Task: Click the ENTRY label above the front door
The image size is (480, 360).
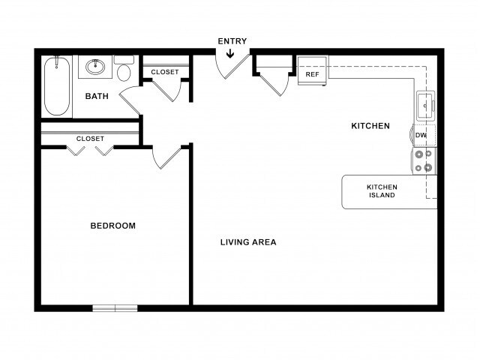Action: point(232,41)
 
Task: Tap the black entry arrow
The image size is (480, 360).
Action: point(230,54)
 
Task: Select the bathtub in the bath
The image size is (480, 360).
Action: point(57,86)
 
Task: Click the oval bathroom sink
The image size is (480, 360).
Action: point(95,67)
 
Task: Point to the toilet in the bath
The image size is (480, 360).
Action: point(124,68)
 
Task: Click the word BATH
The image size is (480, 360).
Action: point(97,96)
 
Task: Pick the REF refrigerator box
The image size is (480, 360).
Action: point(312,70)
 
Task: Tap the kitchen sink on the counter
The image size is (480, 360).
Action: point(425,106)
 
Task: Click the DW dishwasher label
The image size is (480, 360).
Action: point(421,135)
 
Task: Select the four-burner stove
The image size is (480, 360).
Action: point(424,161)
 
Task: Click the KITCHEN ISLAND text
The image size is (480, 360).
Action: point(382,191)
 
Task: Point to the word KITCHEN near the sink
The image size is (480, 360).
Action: point(370,126)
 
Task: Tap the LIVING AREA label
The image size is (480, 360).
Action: point(248,242)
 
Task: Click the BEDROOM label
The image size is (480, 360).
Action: point(113,226)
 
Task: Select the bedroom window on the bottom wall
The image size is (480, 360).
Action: point(115,308)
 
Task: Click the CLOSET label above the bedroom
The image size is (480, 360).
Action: point(90,139)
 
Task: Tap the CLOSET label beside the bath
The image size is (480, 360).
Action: point(165,72)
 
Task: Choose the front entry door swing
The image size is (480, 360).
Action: point(233,67)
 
